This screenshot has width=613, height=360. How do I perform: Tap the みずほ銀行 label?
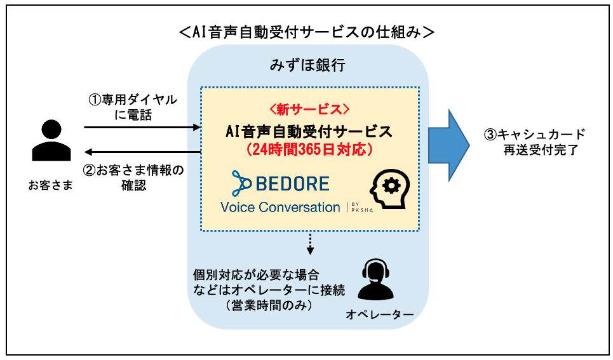pos(308,65)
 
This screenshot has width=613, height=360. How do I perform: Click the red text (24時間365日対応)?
pos(309,150)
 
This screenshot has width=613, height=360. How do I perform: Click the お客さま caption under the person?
pos(50,185)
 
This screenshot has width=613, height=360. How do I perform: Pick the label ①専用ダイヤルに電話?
pos(133,107)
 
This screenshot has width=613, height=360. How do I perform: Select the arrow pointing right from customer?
pos(142,128)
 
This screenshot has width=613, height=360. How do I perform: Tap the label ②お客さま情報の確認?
pos(133,178)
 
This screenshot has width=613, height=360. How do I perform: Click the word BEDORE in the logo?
pos(292,184)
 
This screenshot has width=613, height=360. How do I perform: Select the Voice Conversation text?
pos(280,207)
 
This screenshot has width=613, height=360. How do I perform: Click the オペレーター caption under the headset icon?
pos(380,315)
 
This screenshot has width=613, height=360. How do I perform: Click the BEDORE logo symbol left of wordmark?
pos(241,183)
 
